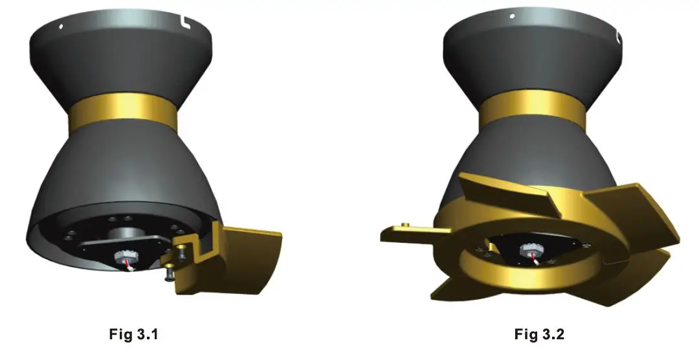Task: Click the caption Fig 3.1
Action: (x=132, y=335)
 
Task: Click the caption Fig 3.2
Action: (x=540, y=335)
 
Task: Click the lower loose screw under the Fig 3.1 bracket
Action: (x=169, y=276)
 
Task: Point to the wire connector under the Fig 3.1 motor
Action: (x=124, y=260)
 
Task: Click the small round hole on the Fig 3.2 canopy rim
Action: (x=512, y=16)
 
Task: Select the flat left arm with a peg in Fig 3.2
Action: (x=408, y=229)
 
